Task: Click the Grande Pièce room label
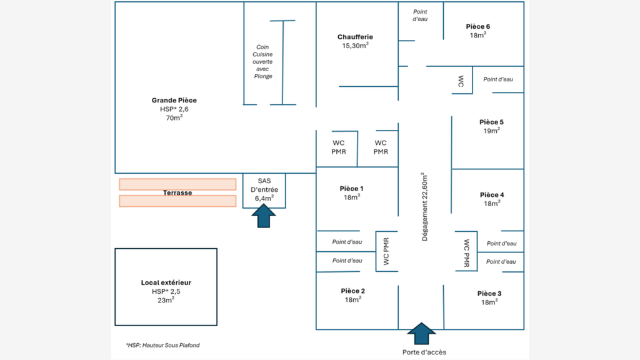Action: (174, 101)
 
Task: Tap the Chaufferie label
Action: (355, 37)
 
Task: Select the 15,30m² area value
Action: (355, 46)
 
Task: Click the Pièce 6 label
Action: (478, 26)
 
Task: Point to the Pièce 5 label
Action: (491, 122)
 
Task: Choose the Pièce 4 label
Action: (492, 195)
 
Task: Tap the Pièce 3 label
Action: (489, 294)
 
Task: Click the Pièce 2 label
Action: (353, 291)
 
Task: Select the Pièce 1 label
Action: (351, 189)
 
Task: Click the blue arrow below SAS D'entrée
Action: (264, 216)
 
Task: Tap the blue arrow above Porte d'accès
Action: (421, 334)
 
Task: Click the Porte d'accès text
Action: (424, 352)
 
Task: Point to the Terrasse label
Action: (177, 192)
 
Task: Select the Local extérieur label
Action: (166, 282)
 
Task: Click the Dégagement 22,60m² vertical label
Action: (424, 207)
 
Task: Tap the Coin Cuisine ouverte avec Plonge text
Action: (262, 62)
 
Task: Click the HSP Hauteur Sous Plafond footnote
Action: (163, 345)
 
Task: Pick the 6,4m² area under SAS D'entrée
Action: (264, 198)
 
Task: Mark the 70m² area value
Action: (174, 117)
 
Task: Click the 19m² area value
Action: (491, 131)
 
